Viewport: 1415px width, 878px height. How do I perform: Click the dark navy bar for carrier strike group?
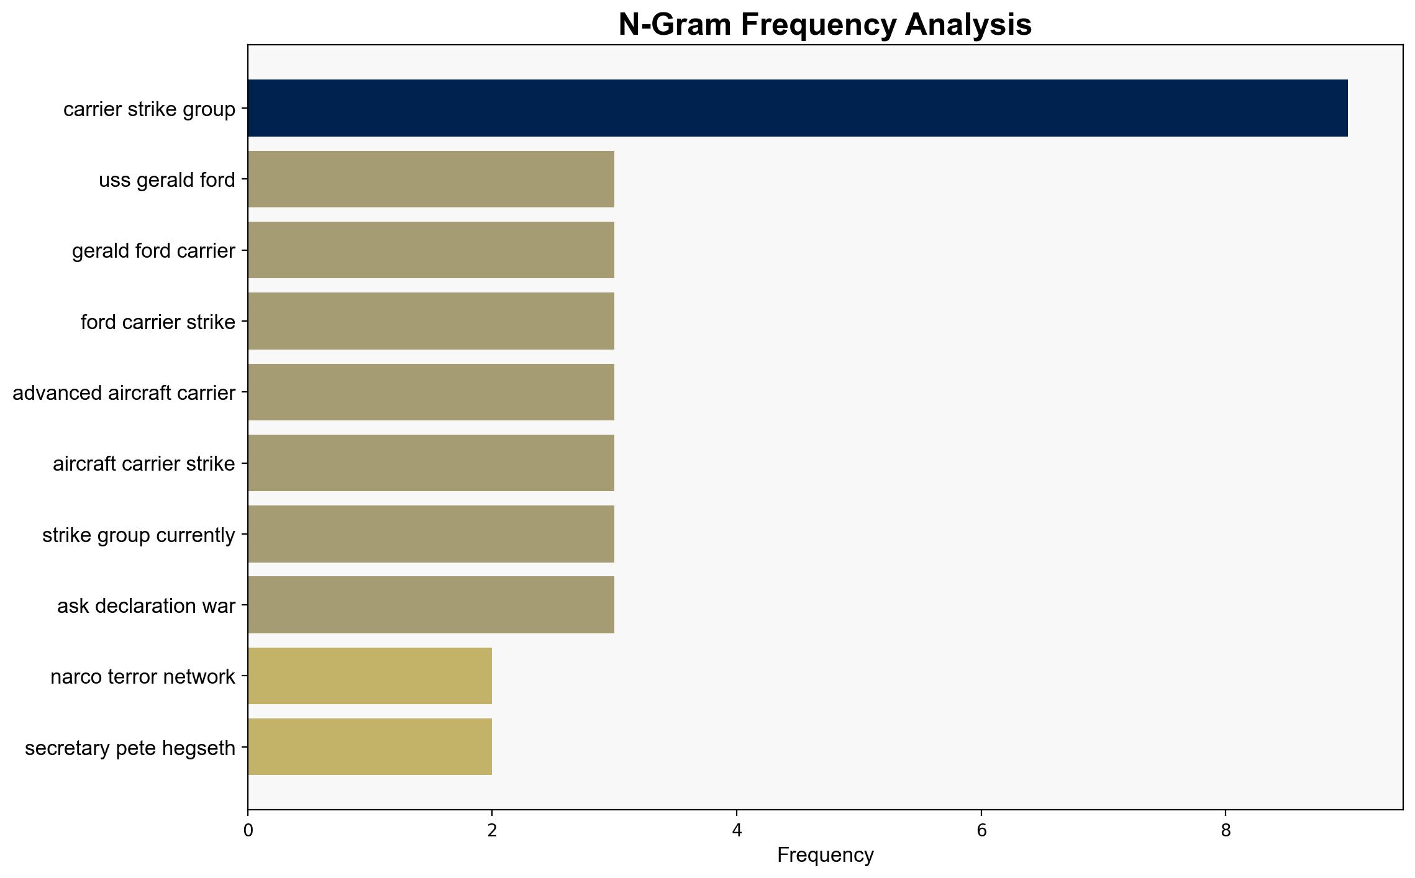tap(798, 108)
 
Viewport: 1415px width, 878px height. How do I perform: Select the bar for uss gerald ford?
tap(431, 179)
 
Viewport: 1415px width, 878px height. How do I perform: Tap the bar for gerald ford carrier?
tap(431, 250)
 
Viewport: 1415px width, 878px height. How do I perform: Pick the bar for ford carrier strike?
tap(431, 321)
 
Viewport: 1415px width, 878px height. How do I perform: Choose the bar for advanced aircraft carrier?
tap(431, 392)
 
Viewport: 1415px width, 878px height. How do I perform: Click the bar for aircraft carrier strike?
tap(431, 463)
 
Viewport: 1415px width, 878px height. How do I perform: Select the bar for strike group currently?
tap(431, 534)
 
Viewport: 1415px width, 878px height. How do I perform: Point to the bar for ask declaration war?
tap(431, 605)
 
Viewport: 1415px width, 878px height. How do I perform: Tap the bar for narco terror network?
tap(370, 676)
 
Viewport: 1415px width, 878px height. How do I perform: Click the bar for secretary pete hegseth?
tap(370, 747)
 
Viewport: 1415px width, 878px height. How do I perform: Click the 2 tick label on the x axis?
tap(492, 831)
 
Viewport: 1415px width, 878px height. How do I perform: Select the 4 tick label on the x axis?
tap(737, 831)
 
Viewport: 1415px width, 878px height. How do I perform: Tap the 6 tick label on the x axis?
tap(981, 831)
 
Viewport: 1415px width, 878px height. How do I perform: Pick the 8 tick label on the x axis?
tap(1226, 831)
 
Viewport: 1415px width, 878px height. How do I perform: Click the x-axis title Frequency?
tap(826, 856)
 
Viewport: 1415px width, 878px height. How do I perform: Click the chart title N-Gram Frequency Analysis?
tap(826, 25)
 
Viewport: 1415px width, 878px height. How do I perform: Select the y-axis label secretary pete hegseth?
tap(130, 748)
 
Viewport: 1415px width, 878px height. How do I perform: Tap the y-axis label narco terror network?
tap(143, 677)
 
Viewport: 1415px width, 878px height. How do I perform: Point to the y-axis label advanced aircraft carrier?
tap(124, 393)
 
